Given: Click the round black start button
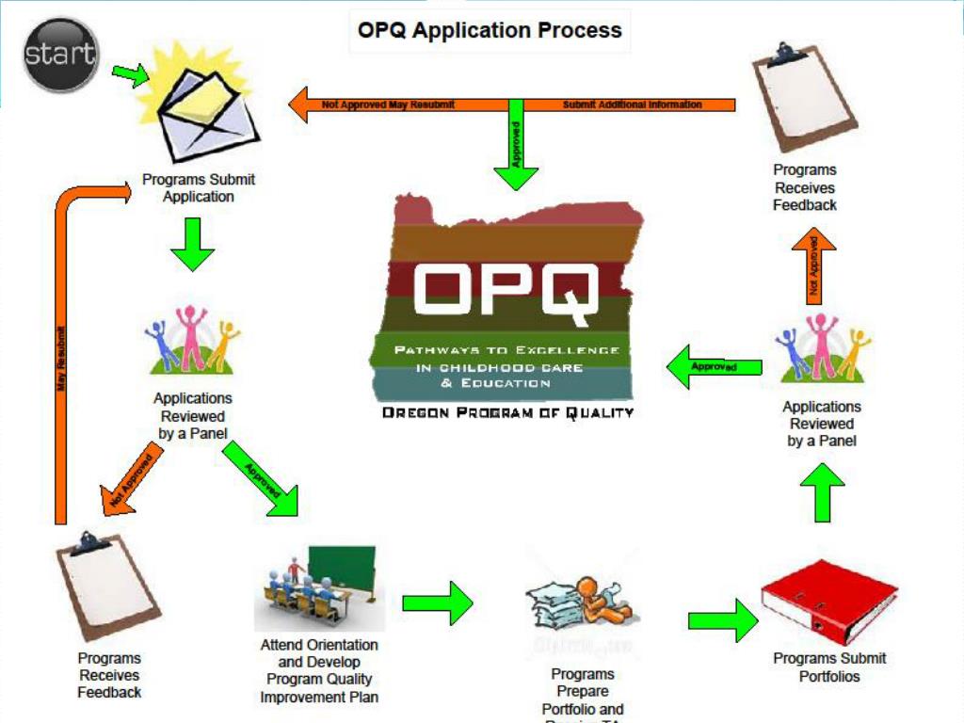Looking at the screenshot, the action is tap(61, 53).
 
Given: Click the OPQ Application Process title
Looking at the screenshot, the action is tap(490, 30).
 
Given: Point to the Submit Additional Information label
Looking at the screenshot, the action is tap(633, 104).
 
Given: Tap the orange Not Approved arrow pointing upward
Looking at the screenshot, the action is tap(814, 268).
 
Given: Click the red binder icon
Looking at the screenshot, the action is tap(829, 602).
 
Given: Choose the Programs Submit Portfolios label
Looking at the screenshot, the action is tap(829, 667).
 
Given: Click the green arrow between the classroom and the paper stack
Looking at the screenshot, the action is tap(438, 603).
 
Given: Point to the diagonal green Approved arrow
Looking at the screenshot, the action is tap(263, 479).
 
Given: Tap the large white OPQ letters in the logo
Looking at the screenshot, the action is tap(506, 286).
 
